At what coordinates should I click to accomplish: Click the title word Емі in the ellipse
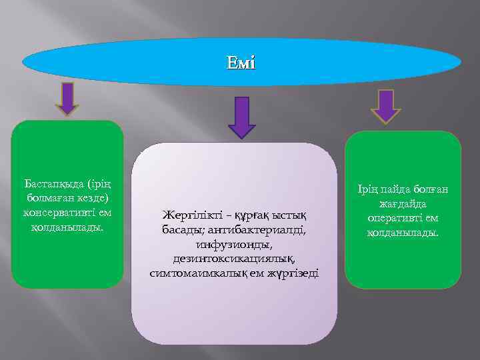point(241,64)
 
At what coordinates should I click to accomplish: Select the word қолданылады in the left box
point(67,227)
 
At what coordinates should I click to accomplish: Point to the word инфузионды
point(235,245)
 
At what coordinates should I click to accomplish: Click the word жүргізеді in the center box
point(294,273)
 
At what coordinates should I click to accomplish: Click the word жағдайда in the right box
point(403,204)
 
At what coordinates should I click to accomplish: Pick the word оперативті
point(392,219)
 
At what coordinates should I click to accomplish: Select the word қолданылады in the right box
point(403,233)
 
